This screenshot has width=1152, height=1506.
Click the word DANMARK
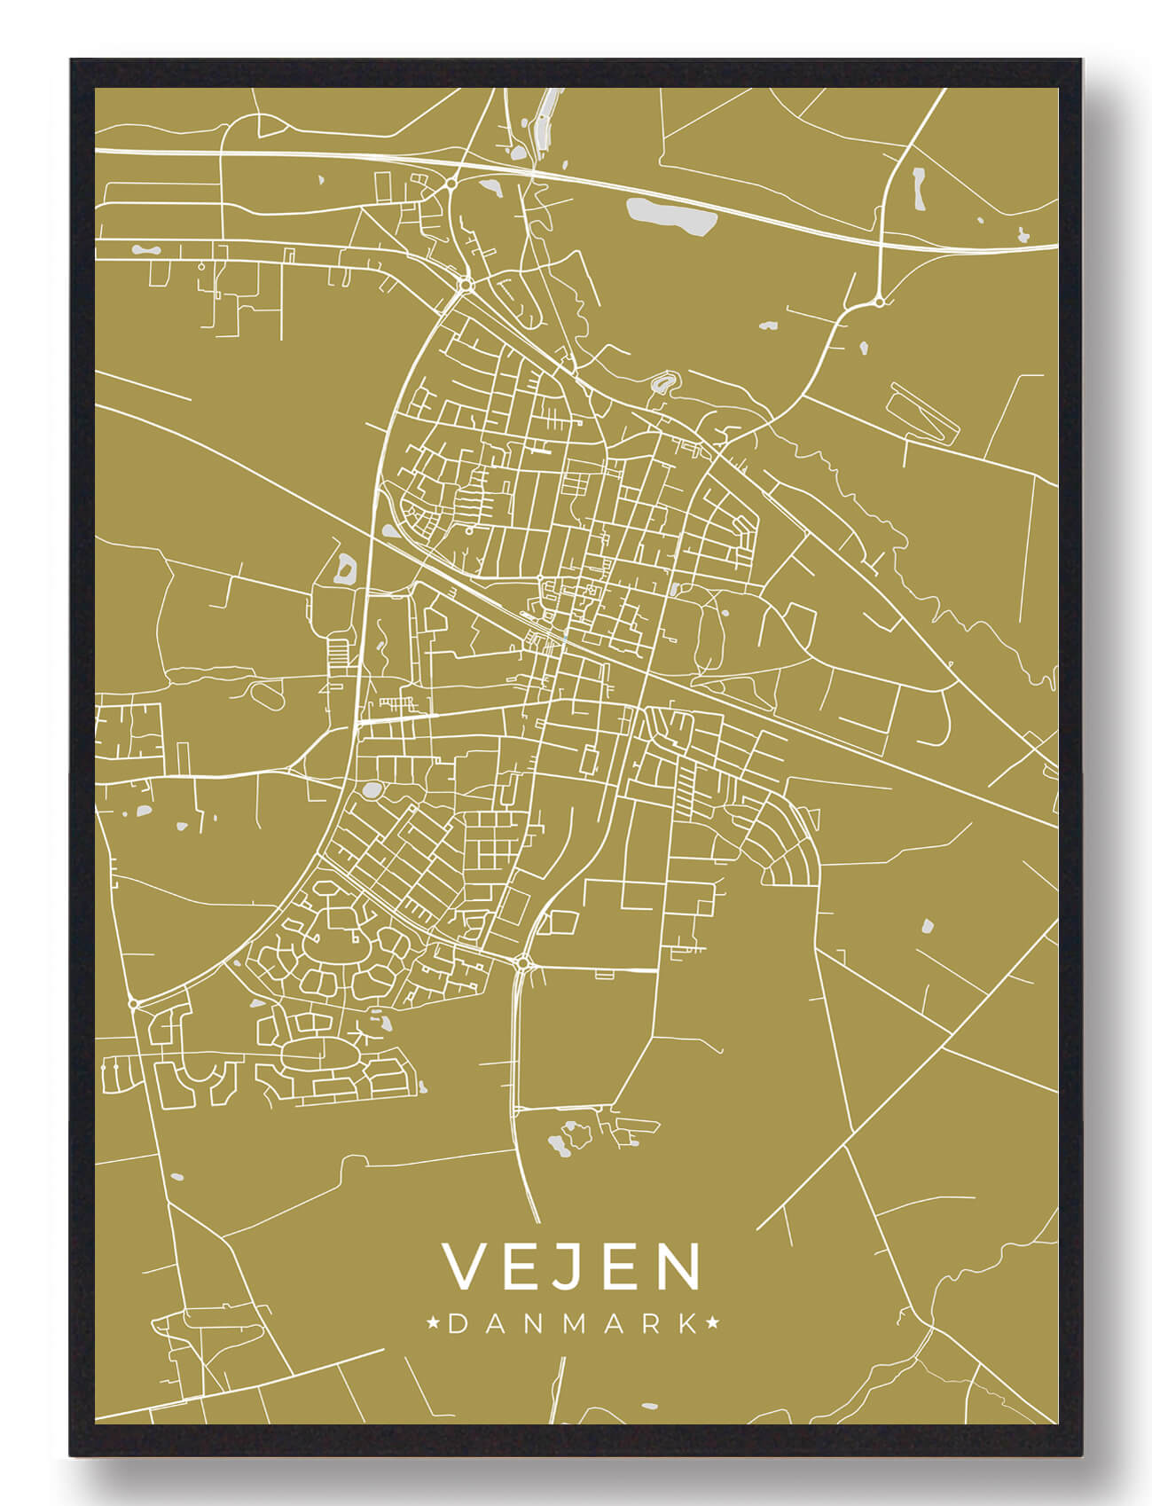pyautogui.click(x=573, y=1324)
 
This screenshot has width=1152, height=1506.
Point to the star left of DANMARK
pyautogui.click(x=434, y=1324)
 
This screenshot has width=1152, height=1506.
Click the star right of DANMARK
pyautogui.click(x=712, y=1324)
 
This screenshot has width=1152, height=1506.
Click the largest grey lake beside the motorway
pyautogui.click(x=670, y=216)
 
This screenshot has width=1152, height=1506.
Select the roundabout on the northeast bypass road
pyautogui.click(x=878, y=302)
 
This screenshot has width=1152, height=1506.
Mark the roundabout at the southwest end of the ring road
pyautogui.click(x=133, y=1003)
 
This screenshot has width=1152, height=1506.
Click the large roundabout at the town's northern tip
pyautogui.click(x=465, y=285)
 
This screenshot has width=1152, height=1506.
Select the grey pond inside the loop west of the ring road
pyautogui.click(x=344, y=567)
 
